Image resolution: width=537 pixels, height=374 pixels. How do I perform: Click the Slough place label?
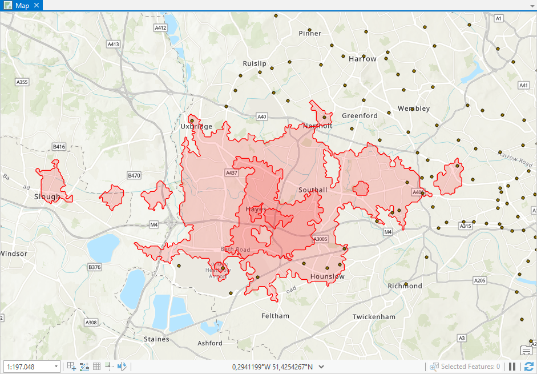tap(47, 197)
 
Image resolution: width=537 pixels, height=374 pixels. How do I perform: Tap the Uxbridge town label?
tap(196, 127)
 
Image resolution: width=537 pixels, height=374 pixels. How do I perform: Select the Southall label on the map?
tap(313, 190)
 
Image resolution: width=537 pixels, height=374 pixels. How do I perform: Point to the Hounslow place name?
tap(328, 277)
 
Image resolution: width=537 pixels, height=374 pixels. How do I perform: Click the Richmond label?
tap(405, 286)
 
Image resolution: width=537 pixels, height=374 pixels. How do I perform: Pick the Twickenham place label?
tap(374, 317)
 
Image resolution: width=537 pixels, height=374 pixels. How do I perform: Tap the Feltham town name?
tap(275, 316)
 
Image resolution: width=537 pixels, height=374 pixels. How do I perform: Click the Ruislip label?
tap(255, 63)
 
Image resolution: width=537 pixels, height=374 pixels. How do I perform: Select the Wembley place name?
tap(414, 108)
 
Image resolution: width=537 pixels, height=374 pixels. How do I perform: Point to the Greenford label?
tap(360, 115)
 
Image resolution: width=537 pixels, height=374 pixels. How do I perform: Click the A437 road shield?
tap(231, 172)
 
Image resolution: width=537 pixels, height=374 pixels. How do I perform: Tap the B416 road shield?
tap(59, 147)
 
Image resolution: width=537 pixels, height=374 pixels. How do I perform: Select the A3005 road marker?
tap(320, 239)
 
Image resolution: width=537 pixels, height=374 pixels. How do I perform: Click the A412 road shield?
tap(160, 27)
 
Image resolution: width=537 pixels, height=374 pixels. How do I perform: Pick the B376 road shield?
tap(94, 267)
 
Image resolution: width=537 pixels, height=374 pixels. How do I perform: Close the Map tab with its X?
tap(37, 5)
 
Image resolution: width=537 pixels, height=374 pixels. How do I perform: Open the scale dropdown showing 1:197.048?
tap(56, 367)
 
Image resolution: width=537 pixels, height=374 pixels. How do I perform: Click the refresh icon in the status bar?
tap(528, 367)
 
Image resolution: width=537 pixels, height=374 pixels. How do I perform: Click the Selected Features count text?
tap(470, 367)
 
